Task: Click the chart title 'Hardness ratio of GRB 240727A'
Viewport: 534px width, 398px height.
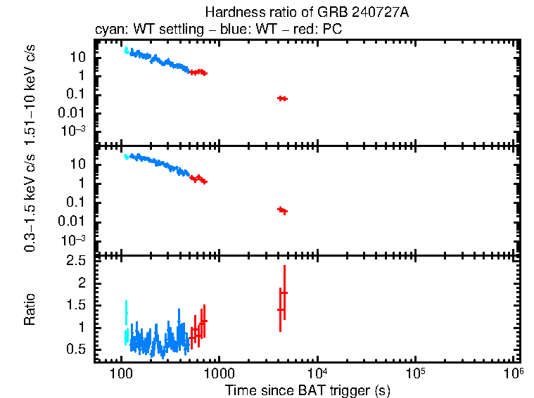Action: [306, 13]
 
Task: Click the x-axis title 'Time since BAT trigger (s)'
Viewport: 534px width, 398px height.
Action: [307, 390]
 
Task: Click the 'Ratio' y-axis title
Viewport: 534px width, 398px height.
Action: [30, 309]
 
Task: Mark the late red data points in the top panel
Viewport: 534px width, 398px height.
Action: [282, 98]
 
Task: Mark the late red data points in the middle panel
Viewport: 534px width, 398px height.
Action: [283, 210]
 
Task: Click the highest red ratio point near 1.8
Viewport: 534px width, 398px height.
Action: [284, 293]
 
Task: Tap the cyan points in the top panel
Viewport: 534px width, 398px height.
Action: [126, 50]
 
